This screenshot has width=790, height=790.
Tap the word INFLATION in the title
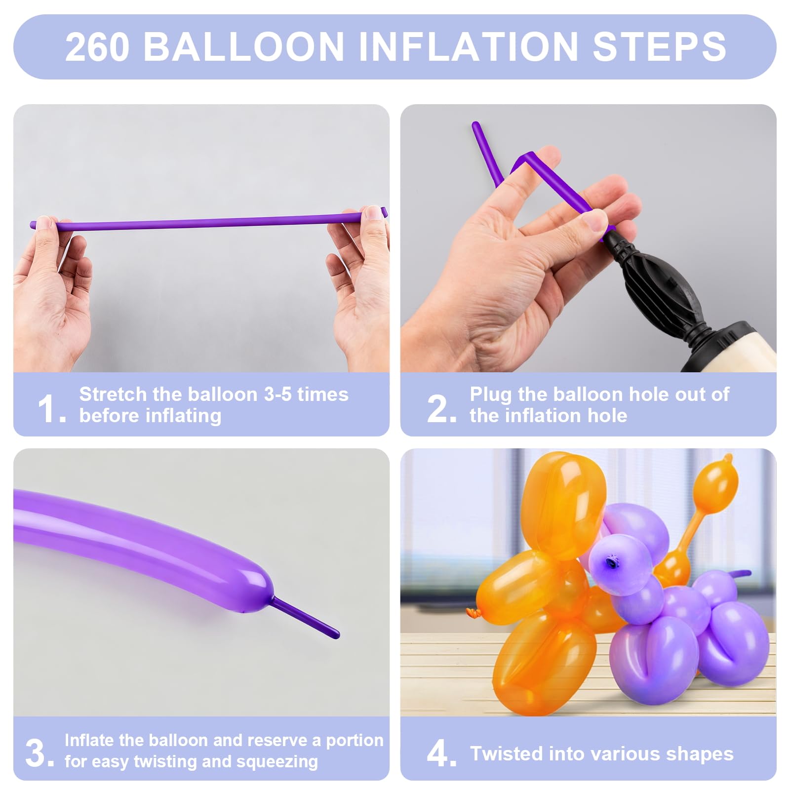coord(469,47)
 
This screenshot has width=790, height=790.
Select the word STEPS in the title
coord(660,47)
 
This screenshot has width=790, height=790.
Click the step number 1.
coord(51,409)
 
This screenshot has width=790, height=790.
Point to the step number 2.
coord(441,409)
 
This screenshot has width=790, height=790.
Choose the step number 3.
coord(39,753)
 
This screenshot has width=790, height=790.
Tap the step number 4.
coord(441,753)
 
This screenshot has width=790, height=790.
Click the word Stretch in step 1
coord(113,394)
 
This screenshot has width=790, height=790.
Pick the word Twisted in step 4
coord(507,753)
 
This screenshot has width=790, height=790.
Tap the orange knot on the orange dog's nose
coord(472,613)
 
